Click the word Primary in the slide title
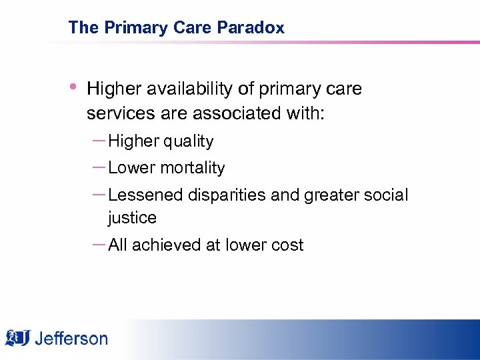click(x=126, y=27)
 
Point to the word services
click(x=117, y=113)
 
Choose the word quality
click(x=189, y=141)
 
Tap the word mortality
click(x=194, y=168)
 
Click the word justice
click(x=132, y=218)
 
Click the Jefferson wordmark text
click(x=71, y=338)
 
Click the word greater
click(x=330, y=195)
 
